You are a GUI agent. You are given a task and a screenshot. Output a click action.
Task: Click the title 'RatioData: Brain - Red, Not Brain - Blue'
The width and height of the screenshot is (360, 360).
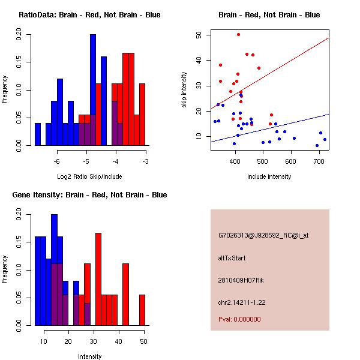89,15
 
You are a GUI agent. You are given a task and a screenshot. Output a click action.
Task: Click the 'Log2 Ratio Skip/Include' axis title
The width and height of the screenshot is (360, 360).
89,176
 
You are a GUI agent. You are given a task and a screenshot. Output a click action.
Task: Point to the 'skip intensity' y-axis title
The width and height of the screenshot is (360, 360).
185,89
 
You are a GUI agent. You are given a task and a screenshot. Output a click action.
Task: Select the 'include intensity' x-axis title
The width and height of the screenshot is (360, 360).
269,176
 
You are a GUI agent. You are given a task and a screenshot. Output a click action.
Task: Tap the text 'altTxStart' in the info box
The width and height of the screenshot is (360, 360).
232,258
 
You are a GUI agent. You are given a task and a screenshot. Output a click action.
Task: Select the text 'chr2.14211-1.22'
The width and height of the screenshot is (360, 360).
242,301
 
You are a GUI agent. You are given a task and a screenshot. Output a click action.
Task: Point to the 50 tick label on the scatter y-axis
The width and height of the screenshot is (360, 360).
198,35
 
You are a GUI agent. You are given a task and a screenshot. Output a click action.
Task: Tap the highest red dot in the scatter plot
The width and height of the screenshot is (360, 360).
238,34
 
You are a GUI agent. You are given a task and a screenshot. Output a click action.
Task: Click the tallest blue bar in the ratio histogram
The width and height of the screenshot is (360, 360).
93,90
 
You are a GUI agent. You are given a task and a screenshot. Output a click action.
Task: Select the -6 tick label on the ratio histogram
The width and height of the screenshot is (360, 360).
57,161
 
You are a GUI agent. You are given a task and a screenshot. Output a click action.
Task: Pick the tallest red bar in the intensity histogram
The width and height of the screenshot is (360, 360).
98,279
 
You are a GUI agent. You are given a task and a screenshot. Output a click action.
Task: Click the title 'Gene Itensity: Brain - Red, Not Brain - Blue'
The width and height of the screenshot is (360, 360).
89,195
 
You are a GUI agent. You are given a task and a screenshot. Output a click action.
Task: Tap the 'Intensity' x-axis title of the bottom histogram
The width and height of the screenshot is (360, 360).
89,356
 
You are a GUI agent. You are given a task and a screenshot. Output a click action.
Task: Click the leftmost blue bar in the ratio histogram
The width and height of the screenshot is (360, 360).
38,134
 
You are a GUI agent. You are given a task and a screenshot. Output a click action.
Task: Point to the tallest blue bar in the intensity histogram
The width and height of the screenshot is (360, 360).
54,270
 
